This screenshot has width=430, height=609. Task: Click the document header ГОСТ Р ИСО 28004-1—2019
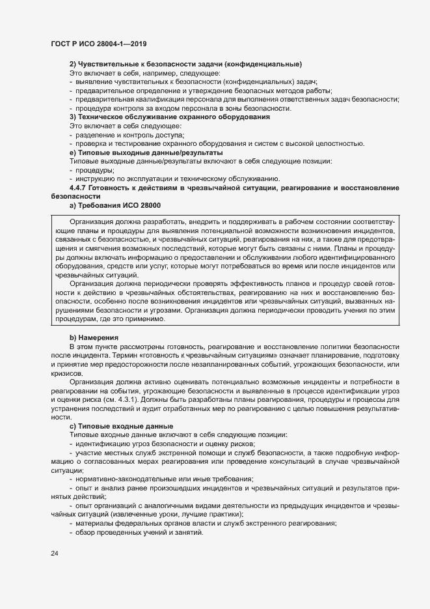pyautogui.click(x=98, y=44)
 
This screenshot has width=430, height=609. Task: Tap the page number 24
pyautogui.click(x=55, y=554)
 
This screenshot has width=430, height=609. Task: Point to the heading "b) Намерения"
pyautogui.click(x=94, y=337)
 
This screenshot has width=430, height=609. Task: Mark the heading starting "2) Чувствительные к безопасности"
pyautogui.click(x=185, y=64)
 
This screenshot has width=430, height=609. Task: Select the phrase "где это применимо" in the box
pyautogui.click(x=137, y=320)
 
